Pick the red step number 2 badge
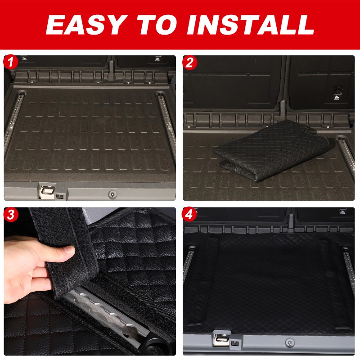[x=189, y=62]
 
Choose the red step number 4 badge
[x=189, y=215]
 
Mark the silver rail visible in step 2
[x=348, y=155]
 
